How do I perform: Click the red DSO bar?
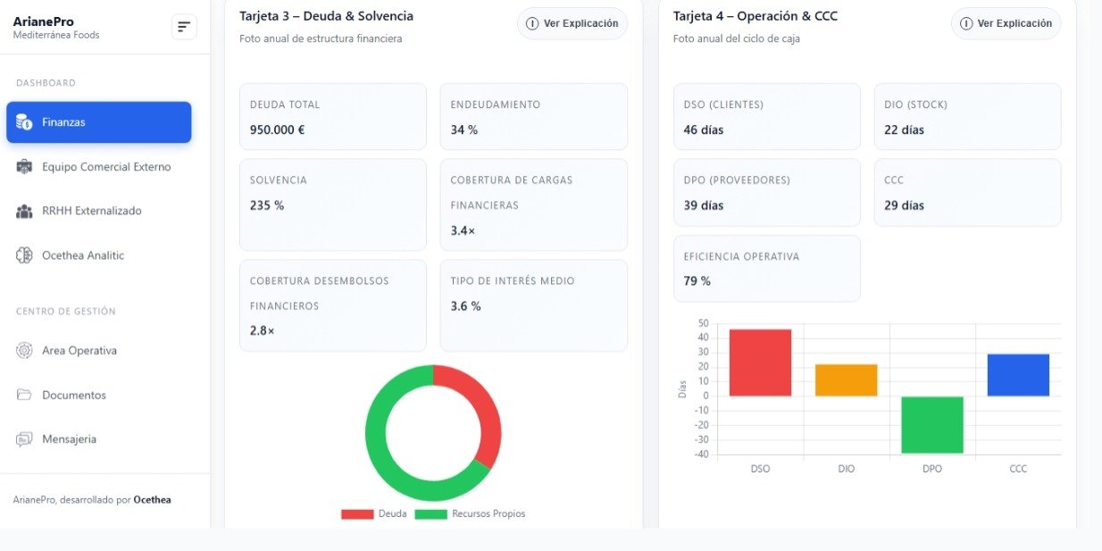[x=760, y=363]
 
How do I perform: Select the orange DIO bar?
[x=846, y=380]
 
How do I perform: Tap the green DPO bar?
[x=932, y=424]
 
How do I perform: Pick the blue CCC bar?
[x=1018, y=375]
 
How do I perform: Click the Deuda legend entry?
[x=375, y=514]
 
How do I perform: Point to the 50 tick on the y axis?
[x=703, y=323]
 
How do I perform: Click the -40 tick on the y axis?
[x=701, y=454]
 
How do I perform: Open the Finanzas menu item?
[x=98, y=122]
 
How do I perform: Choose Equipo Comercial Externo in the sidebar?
[x=105, y=167]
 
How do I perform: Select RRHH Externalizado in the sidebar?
[x=91, y=211]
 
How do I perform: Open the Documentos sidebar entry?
[x=73, y=395]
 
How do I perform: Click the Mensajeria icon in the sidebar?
[x=24, y=439]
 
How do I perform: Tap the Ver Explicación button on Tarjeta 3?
[x=572, y=23]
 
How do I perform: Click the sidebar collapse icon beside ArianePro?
[x=184, y=28]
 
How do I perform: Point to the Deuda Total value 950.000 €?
[x=277, y=129]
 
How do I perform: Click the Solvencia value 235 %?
[x=267, y=205]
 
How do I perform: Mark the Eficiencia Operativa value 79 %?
[x=697, y=281]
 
